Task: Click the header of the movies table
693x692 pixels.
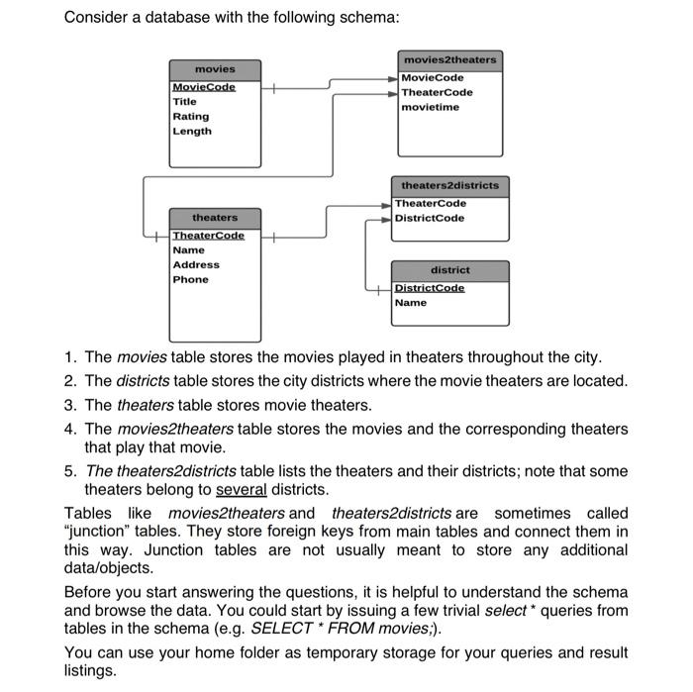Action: pyautogui.click(x=215, y=69)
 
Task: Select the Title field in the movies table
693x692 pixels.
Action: pyautogui.click(x=185, y=101)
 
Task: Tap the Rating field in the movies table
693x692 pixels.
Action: pyautogui.click(x=190, y=116)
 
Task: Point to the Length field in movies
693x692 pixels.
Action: pyautogui.click(x=192, y=131)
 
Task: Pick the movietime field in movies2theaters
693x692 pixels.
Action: pyautogui.click(x=431, y=107)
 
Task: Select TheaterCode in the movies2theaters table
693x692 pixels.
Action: pyautogui.click(x=437, y=92)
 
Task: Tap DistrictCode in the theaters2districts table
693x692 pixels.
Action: pyautogui.click(x=430, y=218)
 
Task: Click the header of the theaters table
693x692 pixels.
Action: pyautogui.click(x=215, y=217)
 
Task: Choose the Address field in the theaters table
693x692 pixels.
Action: pyautogui.click(x=196, y=264)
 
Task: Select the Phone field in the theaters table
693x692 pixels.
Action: pyautogui.click(x=191, y=279)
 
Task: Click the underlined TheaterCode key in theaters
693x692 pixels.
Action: pyautogui.click(x=208, y=235)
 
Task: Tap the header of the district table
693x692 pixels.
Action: pyautogui.click(x=450, y=269)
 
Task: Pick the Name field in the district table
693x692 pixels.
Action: pyautogui.click(x=410, y=302)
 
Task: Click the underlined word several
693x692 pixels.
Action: pyautogui.click(x=241, y=489)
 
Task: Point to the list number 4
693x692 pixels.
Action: pyautogui.click(x=70, y=429)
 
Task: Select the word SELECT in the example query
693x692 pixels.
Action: pyautogui.click(x=282, y=628)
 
